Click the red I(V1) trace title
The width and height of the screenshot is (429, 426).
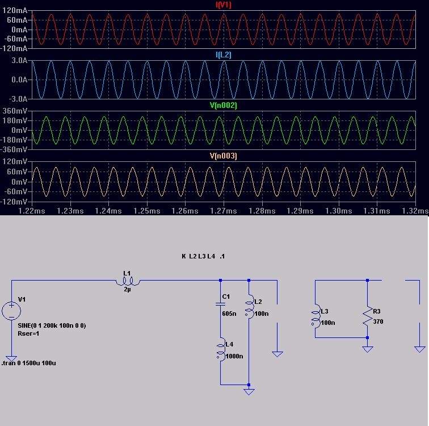224,5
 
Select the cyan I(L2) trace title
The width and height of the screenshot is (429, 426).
224,55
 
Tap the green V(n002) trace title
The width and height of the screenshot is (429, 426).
224,106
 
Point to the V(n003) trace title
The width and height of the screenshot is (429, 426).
224,156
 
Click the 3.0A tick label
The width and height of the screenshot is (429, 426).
19,60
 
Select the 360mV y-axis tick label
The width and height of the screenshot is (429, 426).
16,111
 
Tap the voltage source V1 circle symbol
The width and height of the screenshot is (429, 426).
11,310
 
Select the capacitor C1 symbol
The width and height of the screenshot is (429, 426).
220,304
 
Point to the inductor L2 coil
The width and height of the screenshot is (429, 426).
249,307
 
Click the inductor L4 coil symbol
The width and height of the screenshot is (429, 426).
220,350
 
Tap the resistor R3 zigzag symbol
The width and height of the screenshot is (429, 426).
367,317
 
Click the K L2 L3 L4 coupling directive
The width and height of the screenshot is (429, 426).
203,256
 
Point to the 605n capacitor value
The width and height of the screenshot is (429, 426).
229,314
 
